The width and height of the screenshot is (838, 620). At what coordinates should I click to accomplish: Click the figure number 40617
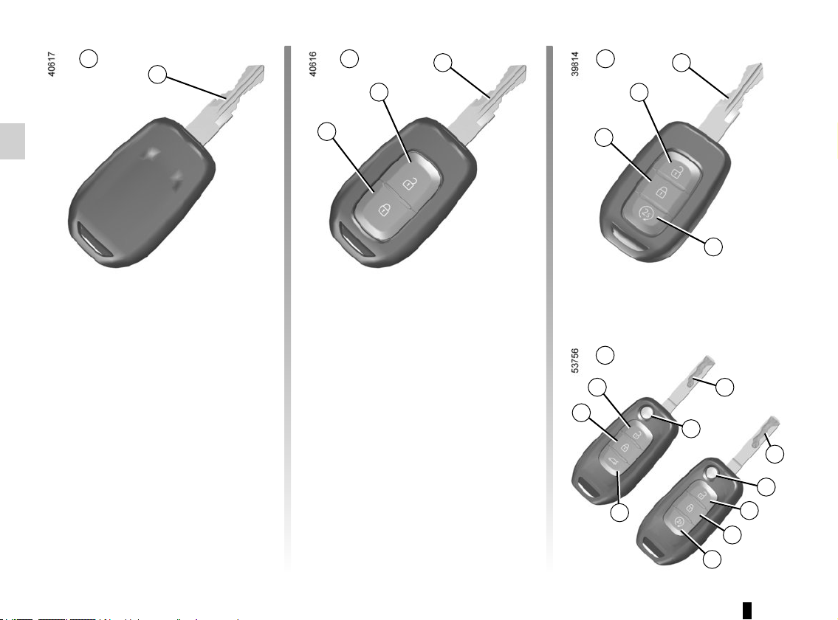pyautogui.click(x=51, y=64)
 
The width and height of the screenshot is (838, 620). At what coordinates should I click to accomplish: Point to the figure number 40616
pyautogui.click(x=312, y=64)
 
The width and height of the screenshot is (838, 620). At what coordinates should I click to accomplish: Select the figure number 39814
pyautogui.click(x=574, y=64)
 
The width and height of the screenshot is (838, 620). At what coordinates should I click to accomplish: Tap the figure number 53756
pyautogui.click(x=574, y=361)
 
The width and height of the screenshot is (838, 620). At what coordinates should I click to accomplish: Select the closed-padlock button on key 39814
pyautogui.click(x=661, y=191)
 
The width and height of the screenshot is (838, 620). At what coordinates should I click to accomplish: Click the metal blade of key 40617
pyautogui.click(x=227, y=103)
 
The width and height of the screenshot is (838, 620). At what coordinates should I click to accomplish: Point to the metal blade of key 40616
pyautogui.click(x=489, y=103)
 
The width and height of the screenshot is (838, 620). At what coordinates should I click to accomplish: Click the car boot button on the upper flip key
pyautogui.click(x=613, y=461)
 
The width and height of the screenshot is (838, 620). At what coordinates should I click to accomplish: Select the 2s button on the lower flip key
pyautogui.click(x=679, y=522)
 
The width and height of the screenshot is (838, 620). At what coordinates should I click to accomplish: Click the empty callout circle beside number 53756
pyautogui.click(x=605, y=355)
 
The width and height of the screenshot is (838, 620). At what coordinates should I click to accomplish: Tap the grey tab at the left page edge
pyautogui.click(x=13, y=141)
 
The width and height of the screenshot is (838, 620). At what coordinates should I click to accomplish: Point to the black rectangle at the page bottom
pyautogui.click(x=747, y=610)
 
